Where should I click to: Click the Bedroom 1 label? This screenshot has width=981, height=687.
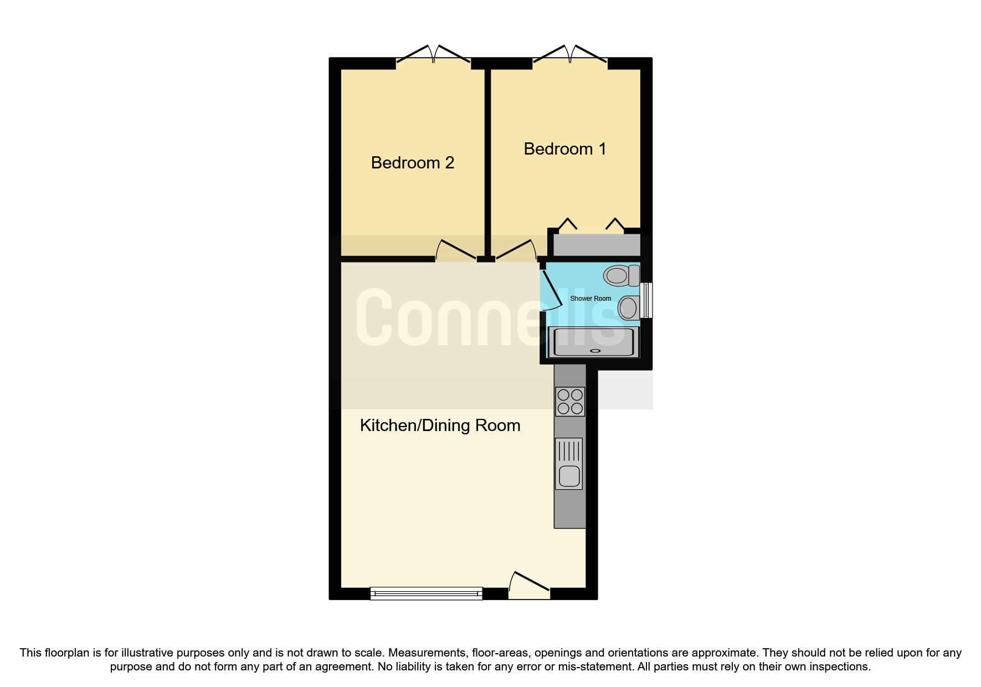pos(564,149)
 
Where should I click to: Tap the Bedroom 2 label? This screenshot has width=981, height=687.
pos(412,163)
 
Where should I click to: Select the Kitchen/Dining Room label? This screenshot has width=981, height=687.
pos(440,425)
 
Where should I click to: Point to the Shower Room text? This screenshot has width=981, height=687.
pos(590,299)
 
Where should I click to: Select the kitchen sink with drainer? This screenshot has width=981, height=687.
pos(569,464)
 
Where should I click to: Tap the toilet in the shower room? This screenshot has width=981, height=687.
pos(621,275)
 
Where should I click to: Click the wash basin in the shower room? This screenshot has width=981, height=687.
pos(629,308)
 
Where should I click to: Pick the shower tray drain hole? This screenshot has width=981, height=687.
pos(595,351)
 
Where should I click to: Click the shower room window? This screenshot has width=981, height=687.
pos(646,300)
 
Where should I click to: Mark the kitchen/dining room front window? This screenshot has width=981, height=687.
pos(426,594)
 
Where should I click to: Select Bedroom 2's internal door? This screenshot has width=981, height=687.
pos(456,250)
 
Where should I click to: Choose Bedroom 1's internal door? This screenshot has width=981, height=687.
pos(516,250)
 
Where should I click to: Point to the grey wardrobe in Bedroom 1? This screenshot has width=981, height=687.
pos(597,245)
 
